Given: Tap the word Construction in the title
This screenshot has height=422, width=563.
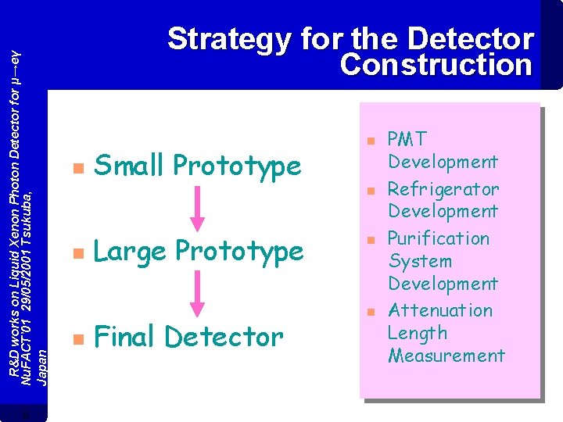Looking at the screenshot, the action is tap(436, 65).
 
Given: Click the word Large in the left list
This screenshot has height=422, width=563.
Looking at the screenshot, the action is tap(131, 252).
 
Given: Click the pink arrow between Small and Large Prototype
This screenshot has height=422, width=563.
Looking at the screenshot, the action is tap(199, 208).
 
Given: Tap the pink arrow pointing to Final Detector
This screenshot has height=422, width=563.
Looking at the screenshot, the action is tap(199, 295).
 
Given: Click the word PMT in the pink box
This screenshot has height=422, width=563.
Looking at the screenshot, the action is tap(407, 140).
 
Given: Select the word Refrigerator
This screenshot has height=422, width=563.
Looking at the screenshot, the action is tap(443, 189).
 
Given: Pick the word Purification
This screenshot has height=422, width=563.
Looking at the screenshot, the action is tap(439, 238).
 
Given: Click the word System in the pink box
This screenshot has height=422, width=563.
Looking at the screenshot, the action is tap(420, 261).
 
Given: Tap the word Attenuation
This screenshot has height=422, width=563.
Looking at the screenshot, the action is tap(440, 310).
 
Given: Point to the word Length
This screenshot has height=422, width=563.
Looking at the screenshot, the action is tap(418, 333).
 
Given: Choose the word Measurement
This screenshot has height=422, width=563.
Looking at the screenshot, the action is tap(446, 356).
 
